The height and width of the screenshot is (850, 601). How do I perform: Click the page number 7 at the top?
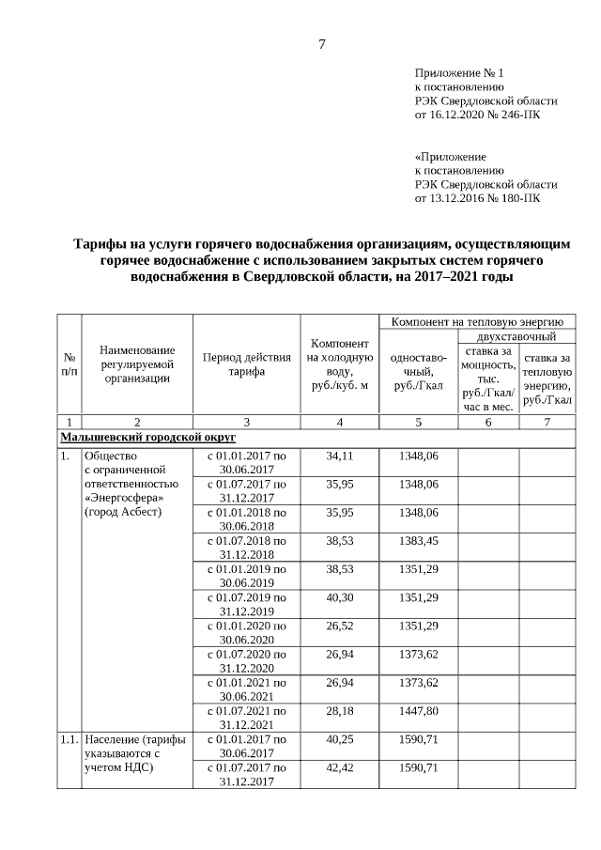[x=322, y=44]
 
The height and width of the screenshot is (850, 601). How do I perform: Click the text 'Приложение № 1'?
[x=460, y=72]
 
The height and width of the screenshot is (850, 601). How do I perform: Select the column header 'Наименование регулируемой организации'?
[x=137, y=363]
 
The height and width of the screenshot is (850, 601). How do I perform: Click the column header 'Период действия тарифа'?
[x=246, y=363]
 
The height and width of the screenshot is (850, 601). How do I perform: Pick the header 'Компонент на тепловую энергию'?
[x=476, y=321]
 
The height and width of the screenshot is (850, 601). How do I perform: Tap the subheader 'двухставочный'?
[x=516, y=335]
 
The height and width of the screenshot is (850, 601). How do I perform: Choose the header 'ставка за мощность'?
[x=486, y=379]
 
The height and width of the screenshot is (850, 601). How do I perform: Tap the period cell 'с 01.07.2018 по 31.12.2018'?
[x=246, y=548]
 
